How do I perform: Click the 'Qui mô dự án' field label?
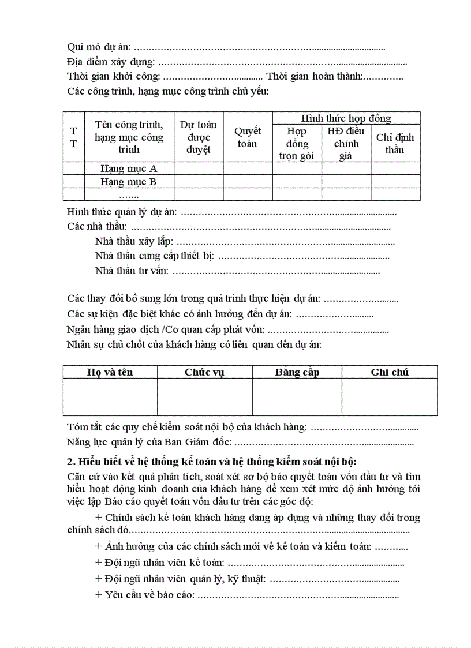[x=99, y=47]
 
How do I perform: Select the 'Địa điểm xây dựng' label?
[x=110, y=62]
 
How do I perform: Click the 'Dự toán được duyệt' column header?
[x=198, y=137]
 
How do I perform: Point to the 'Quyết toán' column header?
[x=247, y=137]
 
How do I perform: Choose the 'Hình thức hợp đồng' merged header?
[x=346, y=118]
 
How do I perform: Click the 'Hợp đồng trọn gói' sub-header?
[x=297, y=143]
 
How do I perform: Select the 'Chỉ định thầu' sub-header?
[x=395, y=143]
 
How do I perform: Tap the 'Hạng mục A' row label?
[x=129, y=168]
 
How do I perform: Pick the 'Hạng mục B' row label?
[x=129, y=182]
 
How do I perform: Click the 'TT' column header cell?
[x=73, y=137]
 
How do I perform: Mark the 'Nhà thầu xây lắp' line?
[x=133, y=242]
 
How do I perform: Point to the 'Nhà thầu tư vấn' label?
[x=131, y=270]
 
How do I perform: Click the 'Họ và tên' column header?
[x=110, y=372]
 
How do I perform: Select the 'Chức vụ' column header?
[x=204, y=372]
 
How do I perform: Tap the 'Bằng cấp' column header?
[x=297, y=372]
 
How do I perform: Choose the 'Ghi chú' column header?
[x=390, y=372]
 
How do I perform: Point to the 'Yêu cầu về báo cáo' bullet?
[x=145, y=595]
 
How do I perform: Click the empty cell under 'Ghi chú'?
[x=390, y=397]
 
